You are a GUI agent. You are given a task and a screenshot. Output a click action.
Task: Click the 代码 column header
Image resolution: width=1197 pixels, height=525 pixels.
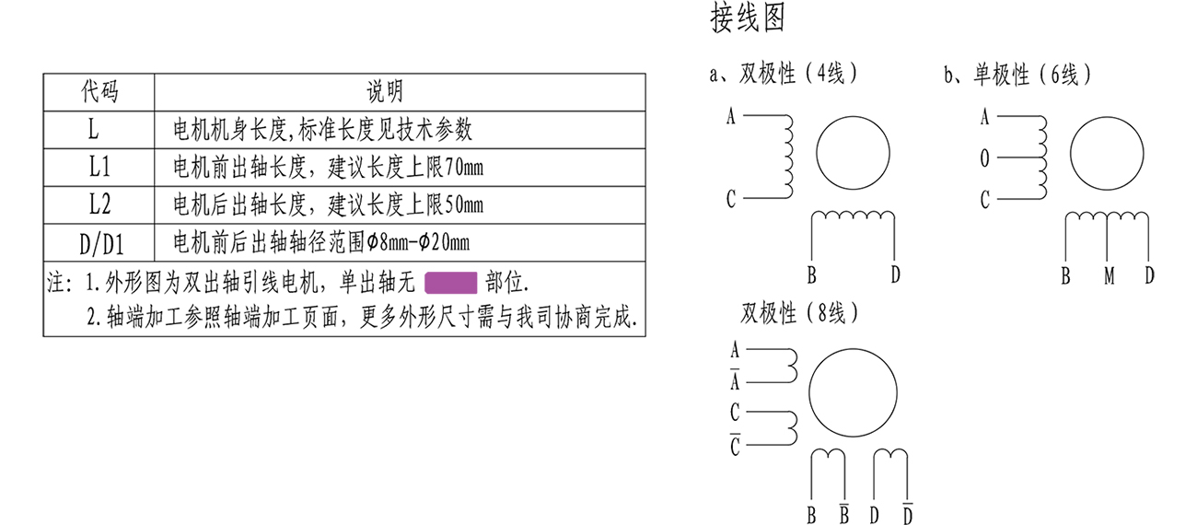click(99, 91)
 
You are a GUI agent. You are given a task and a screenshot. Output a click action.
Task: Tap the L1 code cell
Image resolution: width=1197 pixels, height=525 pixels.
click(99, 168)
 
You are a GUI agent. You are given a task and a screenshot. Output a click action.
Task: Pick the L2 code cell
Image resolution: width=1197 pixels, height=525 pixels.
click(99, 204)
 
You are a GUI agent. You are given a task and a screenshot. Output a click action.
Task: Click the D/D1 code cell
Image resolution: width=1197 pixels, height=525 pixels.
click(99, 244)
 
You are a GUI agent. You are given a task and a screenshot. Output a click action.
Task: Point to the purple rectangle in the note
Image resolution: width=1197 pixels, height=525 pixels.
click(450, 282)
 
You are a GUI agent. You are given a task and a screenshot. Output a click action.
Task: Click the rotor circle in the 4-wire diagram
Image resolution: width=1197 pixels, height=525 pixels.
click(853, 154)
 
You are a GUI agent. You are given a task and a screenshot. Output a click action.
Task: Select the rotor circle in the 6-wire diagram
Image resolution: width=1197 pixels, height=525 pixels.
click(1107, 154)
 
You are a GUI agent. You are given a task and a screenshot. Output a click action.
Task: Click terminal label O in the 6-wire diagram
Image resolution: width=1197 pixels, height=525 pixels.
click(984, 158)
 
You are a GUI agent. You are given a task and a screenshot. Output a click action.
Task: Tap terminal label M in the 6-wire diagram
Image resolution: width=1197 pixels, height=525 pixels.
click(1110, 274)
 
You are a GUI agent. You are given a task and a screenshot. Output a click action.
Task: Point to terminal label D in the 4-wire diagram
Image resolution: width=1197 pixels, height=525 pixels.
click(895, 274)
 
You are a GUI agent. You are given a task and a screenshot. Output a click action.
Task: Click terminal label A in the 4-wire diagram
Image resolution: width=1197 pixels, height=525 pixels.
click(731, 117)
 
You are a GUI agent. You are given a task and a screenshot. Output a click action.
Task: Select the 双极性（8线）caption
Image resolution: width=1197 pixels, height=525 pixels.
click(799, 314)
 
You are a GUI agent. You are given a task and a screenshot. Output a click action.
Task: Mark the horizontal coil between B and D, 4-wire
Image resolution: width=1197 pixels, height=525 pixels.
click(853, 216)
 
